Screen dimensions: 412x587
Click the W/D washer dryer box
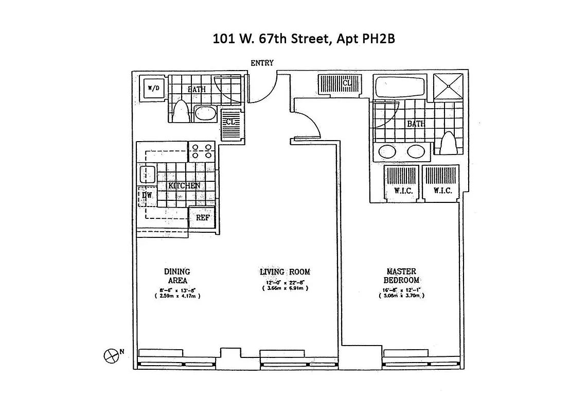153,89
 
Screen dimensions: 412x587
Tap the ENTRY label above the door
262,63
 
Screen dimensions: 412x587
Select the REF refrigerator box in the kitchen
203,217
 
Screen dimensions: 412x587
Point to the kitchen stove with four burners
202,151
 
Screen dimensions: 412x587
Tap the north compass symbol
111,355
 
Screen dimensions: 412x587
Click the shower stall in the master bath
448,86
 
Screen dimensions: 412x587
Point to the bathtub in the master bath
400,87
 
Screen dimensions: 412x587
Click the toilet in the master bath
448,143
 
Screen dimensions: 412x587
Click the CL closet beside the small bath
230,124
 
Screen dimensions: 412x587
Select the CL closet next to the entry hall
341,83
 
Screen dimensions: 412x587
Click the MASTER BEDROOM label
401,276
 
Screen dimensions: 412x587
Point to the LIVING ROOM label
285,272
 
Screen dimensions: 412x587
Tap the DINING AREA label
177,276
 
